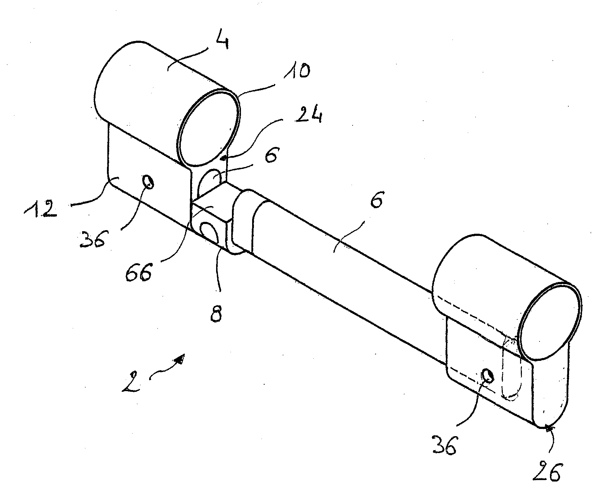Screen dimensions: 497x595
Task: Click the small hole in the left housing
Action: click(x=148, y=182)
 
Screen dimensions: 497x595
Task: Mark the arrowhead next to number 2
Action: click(x=179, y=359)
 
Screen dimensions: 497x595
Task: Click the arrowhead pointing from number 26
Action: click(x=548, y=428)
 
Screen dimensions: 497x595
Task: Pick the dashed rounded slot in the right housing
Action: click(x=511, y=367)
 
